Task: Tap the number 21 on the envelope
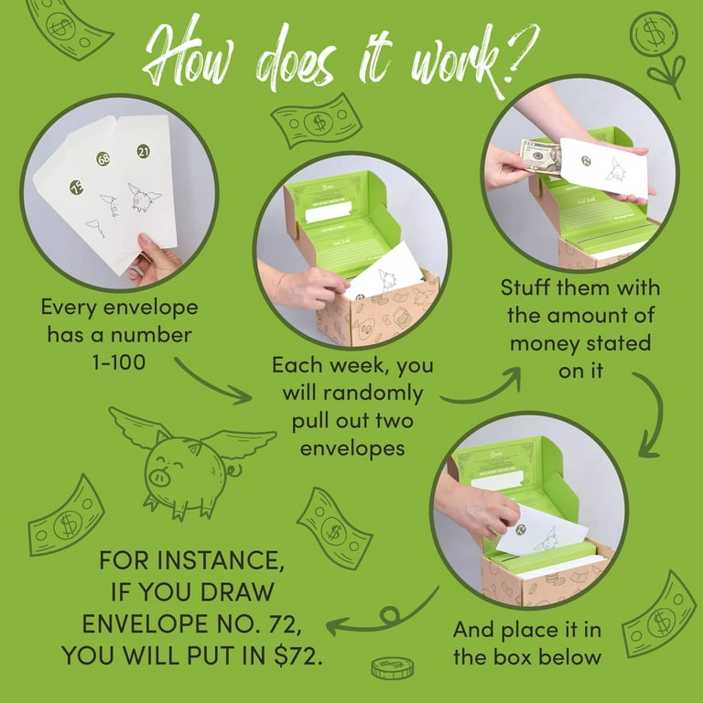click(x=144, y=151)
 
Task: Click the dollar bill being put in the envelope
click(x=539, y=156)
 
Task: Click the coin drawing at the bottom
click(x=392, y=668)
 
